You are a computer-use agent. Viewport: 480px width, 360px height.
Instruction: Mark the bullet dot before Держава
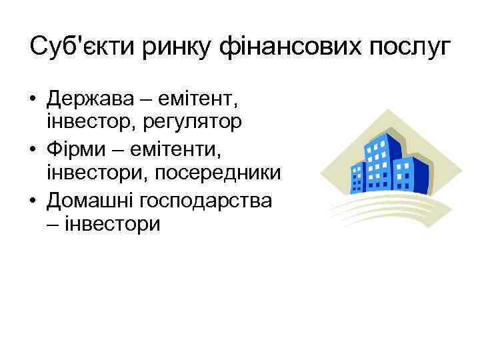(33, 101)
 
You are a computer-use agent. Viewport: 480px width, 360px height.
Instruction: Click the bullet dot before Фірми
(33, 147)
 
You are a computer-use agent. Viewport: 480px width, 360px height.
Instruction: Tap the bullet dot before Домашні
(33, 199)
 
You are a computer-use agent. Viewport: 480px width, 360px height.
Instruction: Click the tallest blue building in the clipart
(379, 161)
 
